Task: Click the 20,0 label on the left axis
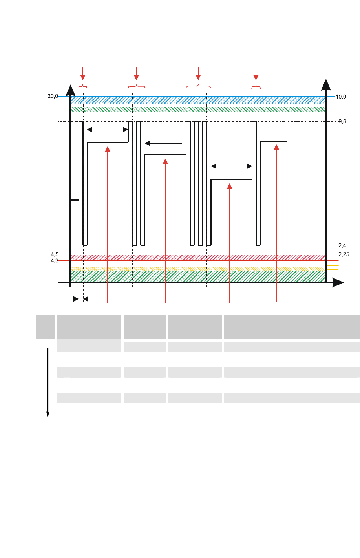53,96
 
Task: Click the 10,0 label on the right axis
341,97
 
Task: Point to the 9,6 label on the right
342,121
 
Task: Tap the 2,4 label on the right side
342,245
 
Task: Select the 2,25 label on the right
344,254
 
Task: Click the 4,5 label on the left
55,254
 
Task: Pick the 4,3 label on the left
55,261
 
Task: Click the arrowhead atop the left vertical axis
70,90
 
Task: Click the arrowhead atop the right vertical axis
326,84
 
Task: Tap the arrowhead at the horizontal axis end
338,282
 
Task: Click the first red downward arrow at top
83,74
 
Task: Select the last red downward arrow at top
256,74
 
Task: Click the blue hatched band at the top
198,100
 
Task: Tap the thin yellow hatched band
198,268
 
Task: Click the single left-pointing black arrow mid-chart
163,143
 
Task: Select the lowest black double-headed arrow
232,166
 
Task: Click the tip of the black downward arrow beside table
48,418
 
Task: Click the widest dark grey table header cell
292,327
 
